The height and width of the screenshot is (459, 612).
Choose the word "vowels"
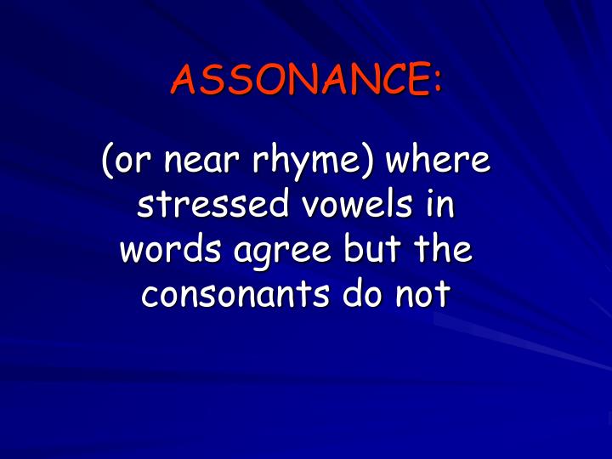click(342, 206)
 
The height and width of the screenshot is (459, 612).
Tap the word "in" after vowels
click(440, 206)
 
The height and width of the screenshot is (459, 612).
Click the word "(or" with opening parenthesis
click(124, 162)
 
